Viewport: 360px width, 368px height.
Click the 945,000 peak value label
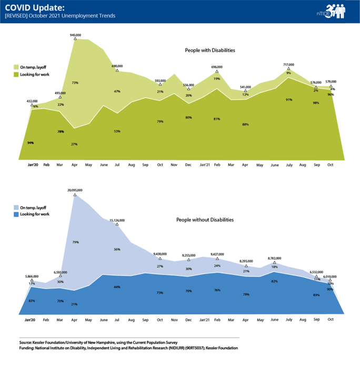(75, 35)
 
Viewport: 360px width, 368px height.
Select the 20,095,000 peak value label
(75, 190)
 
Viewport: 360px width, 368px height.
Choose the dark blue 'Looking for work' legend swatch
(15, 214)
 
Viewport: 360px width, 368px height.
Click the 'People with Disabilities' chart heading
(209, 50)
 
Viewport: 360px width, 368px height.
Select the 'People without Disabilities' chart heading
(205, 219)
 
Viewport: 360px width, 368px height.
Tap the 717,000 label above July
(288, 65)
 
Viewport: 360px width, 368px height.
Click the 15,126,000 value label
(117, 220)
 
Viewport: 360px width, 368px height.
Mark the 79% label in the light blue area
(75, 242)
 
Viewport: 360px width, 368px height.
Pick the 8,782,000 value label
(274, 258)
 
